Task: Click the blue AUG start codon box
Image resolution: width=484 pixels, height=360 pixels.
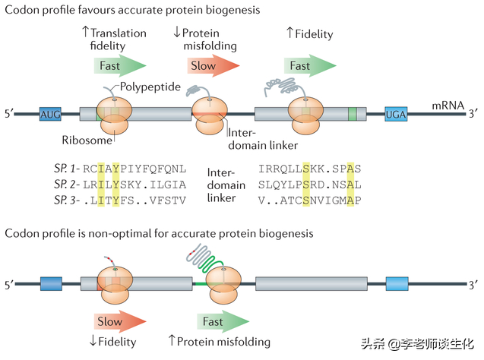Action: (50, 115)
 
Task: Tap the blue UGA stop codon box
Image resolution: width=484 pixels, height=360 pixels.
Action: (396, 115)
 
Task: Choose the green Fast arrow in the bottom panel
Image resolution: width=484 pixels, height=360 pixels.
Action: (217, 321)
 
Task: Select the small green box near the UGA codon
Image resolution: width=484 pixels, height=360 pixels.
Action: (353, 115)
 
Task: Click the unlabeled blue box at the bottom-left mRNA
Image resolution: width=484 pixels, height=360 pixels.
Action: (50, 285)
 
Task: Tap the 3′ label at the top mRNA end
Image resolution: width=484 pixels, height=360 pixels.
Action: (472, 115)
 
